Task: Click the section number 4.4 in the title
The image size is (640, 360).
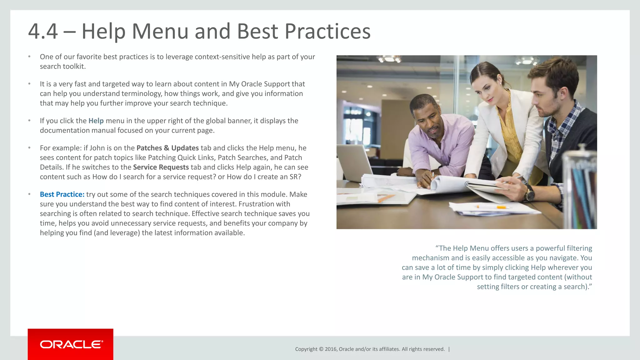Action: pos(43,32)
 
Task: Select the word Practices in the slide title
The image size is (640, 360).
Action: pos(327,32)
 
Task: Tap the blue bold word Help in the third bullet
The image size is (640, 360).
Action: pos(96,121)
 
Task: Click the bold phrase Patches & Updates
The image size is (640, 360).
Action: pos(167,148)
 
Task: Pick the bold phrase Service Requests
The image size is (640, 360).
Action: pos(161,167)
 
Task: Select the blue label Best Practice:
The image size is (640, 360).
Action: pos(62,194)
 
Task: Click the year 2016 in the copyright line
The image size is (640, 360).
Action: pos(331,349)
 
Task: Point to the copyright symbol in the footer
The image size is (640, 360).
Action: pos(321,349)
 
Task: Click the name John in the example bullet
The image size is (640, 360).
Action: pos(97,148)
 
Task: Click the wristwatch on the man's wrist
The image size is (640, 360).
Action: pos(529,193)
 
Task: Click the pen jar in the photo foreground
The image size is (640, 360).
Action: pos(580,187)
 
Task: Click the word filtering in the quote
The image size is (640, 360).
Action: pos(579,248)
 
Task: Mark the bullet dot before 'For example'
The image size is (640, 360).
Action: pos(29,148)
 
